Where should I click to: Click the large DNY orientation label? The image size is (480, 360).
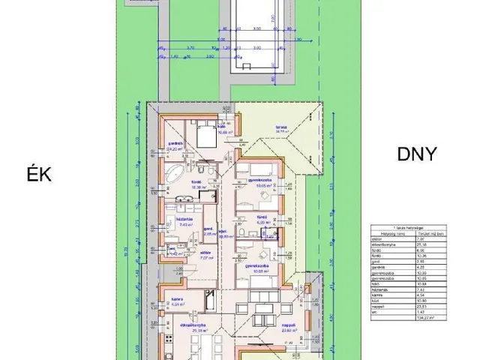[x=416, y=156]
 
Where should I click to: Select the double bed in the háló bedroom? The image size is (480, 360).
[x=205, y=137]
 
